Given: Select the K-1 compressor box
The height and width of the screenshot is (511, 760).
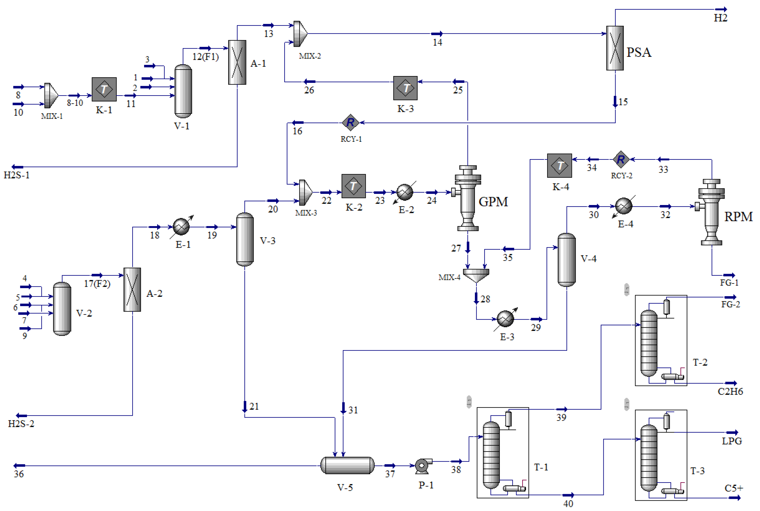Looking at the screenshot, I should [104, 89].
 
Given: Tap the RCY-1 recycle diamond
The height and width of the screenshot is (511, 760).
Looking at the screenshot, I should [350, 123].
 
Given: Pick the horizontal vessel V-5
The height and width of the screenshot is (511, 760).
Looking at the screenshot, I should [347, 465].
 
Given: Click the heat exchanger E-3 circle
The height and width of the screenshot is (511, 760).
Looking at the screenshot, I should [505, 319].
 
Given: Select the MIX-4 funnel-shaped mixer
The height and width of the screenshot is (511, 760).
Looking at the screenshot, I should [476, 275].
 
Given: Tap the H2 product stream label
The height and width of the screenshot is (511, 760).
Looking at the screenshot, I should [720, 18].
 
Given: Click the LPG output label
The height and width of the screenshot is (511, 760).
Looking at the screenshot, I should [732, 441].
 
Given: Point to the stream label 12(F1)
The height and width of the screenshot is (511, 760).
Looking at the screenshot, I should [205, 57].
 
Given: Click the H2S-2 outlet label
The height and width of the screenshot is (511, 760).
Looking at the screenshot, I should [21, 424].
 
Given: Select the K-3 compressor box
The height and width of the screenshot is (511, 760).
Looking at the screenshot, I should [405, 88].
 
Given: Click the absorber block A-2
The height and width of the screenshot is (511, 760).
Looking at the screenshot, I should [132, 289].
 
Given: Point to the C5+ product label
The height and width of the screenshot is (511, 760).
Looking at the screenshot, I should [734, 488].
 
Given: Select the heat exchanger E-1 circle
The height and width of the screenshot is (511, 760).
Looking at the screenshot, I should [181, 227].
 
